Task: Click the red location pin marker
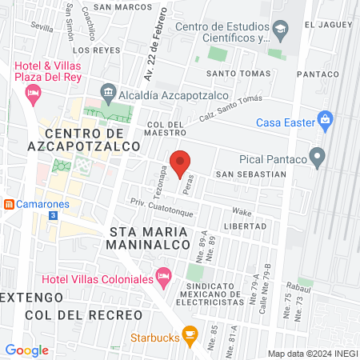(x=181, y=162)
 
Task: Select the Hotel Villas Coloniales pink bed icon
(x=164, y=278)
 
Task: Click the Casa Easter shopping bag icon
(x=325, y=122)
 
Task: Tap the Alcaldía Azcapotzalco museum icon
(x=108, y=92)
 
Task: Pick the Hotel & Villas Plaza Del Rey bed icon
(x=34, y=95)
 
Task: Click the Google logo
(x=27, y=350)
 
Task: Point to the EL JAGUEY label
(x=329, y=25)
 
